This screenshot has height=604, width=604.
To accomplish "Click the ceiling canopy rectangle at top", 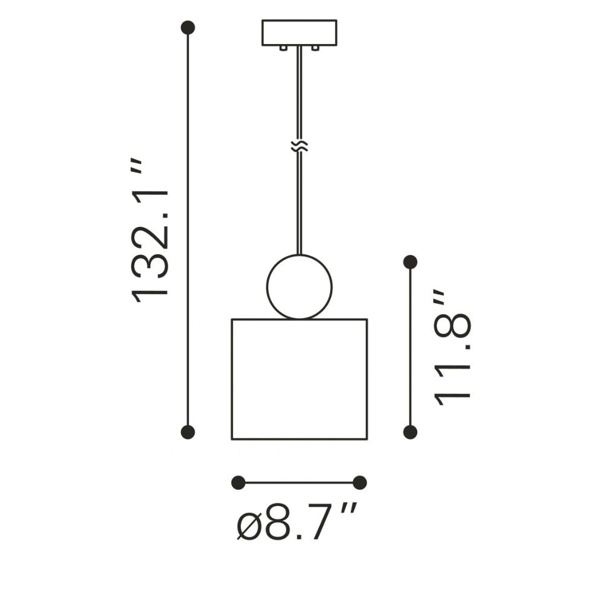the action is pyautogui.click(x=300, y=33).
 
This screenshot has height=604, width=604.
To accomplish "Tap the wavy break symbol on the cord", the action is pyautogui.click(x=300, y=146).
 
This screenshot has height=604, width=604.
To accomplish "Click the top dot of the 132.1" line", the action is pyautogui.click(x=188, y=28).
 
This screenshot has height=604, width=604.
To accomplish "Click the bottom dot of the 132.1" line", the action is pyautogui.click(x=188, y=432).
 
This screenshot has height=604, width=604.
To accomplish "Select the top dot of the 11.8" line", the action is pyautogui.click(x=410, y=262).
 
